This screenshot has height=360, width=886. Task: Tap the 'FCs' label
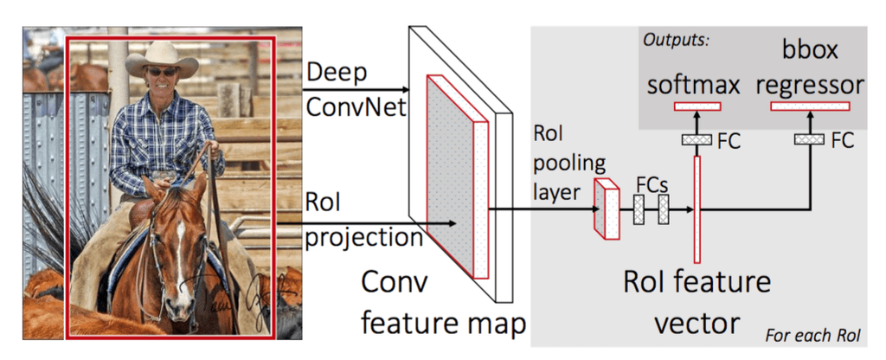(x=652, y=186)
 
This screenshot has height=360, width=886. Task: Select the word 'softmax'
(x=693, y=85)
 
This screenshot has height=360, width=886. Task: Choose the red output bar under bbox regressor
(x=809, y=106)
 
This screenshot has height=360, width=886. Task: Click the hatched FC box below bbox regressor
(x=808, y=139)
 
